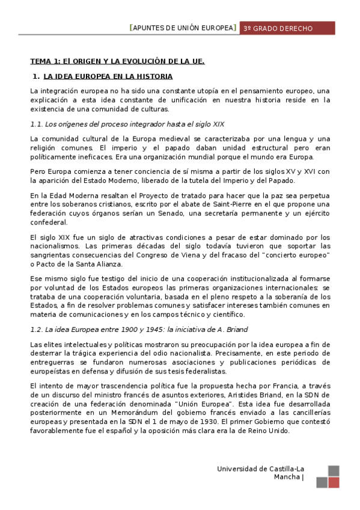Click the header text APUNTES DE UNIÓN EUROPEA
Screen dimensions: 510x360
tap(184, 28)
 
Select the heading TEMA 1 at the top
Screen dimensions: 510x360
tap(118, 61)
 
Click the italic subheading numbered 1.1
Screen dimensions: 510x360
tap(127, 124)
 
